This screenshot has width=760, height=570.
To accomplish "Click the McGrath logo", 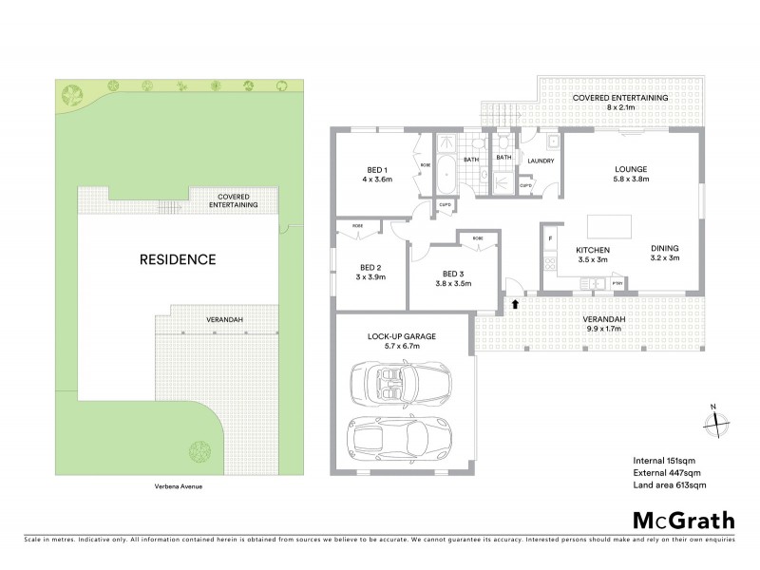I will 683,520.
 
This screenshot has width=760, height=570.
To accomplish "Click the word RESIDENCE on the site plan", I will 178,258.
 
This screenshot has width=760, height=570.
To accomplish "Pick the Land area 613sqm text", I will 669,484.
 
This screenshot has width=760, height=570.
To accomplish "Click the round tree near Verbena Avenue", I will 199,448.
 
